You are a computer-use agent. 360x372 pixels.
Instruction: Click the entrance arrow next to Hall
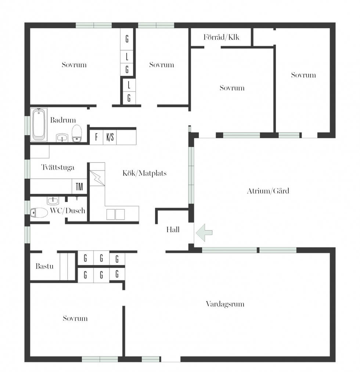coord(204,233)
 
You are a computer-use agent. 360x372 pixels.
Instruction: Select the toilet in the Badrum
coord(77,133)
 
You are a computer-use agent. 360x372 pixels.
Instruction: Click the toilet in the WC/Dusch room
coord(39,213)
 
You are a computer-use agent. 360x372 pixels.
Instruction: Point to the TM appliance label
coord(79,187)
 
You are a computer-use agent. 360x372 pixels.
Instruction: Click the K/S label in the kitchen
coord(110,137)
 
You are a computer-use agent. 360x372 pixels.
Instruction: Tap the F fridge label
coord(96,137)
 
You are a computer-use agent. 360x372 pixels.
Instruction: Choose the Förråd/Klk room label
coord(221,37)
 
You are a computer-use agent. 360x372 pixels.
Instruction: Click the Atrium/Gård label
coord(268,191)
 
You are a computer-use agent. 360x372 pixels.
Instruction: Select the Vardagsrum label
coord(225,304)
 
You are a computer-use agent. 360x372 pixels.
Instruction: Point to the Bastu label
coord(44,266)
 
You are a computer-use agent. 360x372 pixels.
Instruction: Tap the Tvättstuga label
coord(58,167)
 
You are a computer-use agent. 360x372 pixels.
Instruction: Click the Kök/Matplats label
coord(144,173)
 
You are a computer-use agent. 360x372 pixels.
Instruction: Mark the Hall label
coord(173,230)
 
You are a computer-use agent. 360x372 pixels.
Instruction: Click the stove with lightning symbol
coord(97,178)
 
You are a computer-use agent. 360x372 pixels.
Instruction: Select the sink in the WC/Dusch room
coord(53,201)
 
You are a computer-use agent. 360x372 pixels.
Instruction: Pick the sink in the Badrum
coord(62,138)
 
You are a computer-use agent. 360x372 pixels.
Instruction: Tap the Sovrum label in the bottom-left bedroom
coord(75,318)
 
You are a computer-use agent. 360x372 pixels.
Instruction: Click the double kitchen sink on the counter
coord(116,214)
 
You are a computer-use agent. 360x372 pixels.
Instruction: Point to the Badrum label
coord(63,120)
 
